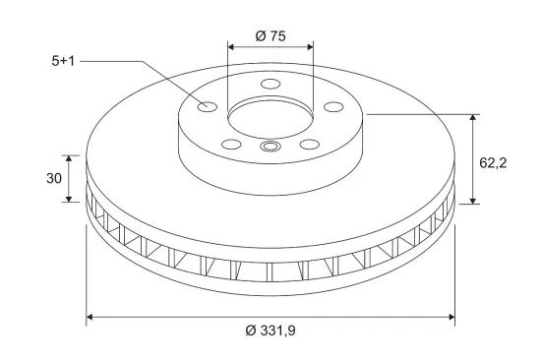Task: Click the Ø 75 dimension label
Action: pyautogui.click(x=270, y=35)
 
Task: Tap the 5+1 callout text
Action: pyautogui.click(x=63, y=61)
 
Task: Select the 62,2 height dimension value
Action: pyautogui.click(x=493, y=162)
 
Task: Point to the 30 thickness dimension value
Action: pyautogui.click(x=54, y=178)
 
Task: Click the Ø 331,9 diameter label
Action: pyautogui.click(x=270, y=330)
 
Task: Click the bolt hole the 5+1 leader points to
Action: pyautogui.click(x=207, y=106)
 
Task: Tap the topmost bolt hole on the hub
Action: pyautogui.click(x=270, y=84)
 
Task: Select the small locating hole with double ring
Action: pyautogui.click(x=270, y=147)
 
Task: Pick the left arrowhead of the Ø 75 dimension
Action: pyautogui.click(x=231, y=47)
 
